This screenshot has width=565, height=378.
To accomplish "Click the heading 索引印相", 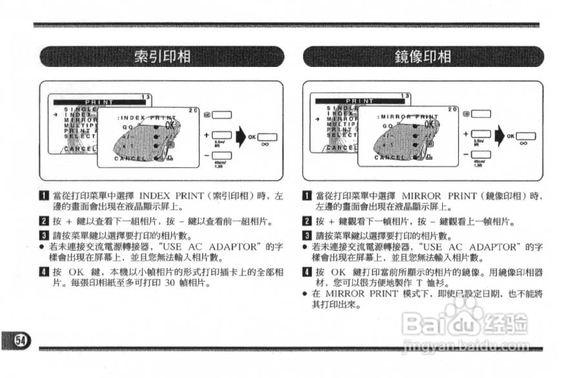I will [x=162, y=56].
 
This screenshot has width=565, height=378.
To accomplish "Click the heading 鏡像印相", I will [x=423, y=56].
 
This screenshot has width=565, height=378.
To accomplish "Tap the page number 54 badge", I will [x=20, y=340].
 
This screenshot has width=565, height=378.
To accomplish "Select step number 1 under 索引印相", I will [x=44, y=196].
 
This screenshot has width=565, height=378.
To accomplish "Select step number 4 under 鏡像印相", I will [x=307, y=272].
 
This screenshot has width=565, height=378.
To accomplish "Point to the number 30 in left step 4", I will [x=170, y=283].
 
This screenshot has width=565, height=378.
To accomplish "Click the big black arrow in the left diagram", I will [x=241, y=137].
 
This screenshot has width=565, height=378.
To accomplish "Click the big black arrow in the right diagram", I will [x=500, y=136].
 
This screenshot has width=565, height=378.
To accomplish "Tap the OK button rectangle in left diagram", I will [x=267, y=137].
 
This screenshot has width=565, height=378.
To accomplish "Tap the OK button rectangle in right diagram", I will [x=526, y=136].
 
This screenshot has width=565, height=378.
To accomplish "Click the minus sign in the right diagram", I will [x=466, y=154].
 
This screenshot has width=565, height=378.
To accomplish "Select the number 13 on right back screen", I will [x=405, y=96].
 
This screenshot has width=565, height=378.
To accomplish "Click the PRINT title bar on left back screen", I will [x=99, y=102].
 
